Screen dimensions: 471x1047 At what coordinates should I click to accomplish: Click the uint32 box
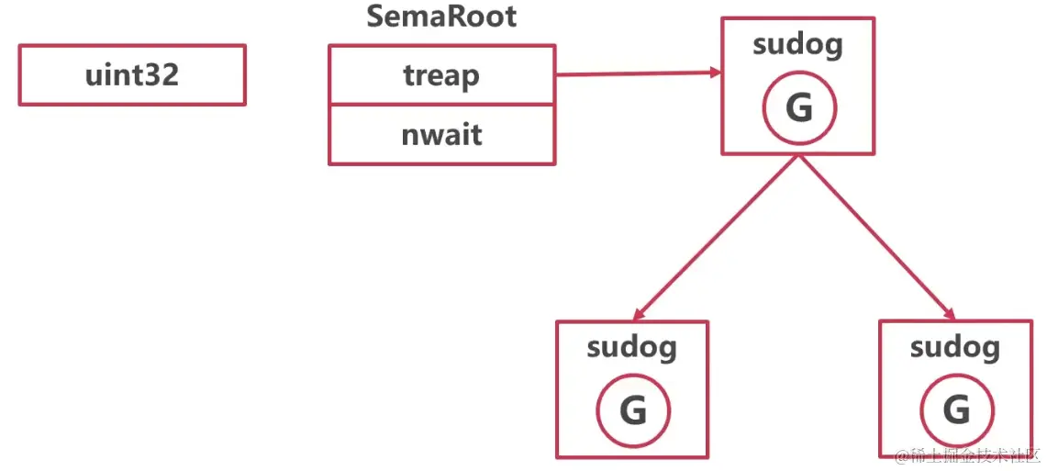[x=132, y=74]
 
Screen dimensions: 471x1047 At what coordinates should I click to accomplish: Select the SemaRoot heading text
[x=441, y=17]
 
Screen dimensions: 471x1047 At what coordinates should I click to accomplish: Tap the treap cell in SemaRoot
[x=441, y=74]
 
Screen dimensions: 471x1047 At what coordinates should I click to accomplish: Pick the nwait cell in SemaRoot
[x=441, y=135]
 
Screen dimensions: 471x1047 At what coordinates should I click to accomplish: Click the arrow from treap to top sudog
[x=633, y=73]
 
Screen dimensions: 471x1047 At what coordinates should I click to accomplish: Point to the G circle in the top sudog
[x=799, y=108]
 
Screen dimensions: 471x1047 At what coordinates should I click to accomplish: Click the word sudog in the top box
[x=797, y=45]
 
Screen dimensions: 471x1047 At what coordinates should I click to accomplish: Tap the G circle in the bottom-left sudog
[x=633, y=410]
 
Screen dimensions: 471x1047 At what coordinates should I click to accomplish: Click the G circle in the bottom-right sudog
[x=956, y=410]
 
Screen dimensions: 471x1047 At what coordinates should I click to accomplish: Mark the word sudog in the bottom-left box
[x=632, y=347]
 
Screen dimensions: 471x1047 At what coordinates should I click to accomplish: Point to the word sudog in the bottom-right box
[x=955, y=347]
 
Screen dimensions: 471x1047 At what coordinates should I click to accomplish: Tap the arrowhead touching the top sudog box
[x=711, y=72]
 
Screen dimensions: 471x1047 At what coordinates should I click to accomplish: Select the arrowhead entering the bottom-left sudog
[x=640, y=312]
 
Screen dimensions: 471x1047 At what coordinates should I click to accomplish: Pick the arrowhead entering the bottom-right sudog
[x=951, y=312]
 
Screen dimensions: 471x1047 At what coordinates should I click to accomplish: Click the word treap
[x=441, y=74]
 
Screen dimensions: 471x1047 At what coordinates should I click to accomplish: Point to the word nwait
[x=441, y=135]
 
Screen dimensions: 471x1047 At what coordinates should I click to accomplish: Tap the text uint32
[x=132, y=74]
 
